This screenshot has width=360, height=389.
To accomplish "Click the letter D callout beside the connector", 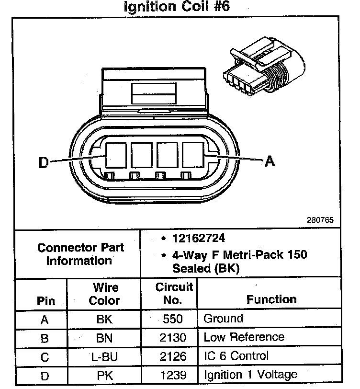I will pyautogui.click(x=44, y=163).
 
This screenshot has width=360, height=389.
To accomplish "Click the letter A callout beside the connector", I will pyautogui.click(x=270, y=161).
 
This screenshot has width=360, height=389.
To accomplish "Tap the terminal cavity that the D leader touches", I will pyautogui.click(x=115, y=154).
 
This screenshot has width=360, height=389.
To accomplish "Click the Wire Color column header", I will pyautogui.click(x=105, y=294).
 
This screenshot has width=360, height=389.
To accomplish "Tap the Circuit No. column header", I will pyautogui.click(x=173, y=294).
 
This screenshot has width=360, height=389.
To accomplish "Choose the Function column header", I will pyautogui.click(x=271, y=300).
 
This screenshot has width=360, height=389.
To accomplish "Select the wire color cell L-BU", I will pyautogui.click(x=104, y=357).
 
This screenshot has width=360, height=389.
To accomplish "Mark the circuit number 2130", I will pyautogui.click(x=173, y=338).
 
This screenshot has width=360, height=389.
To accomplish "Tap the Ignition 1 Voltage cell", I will pyautogui.click(x=250, y=375).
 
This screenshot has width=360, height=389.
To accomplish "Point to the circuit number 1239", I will pyautogui.click(x=173, y=375).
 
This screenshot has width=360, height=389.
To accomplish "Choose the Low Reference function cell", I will pyautogui.click(x=244, y=338).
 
